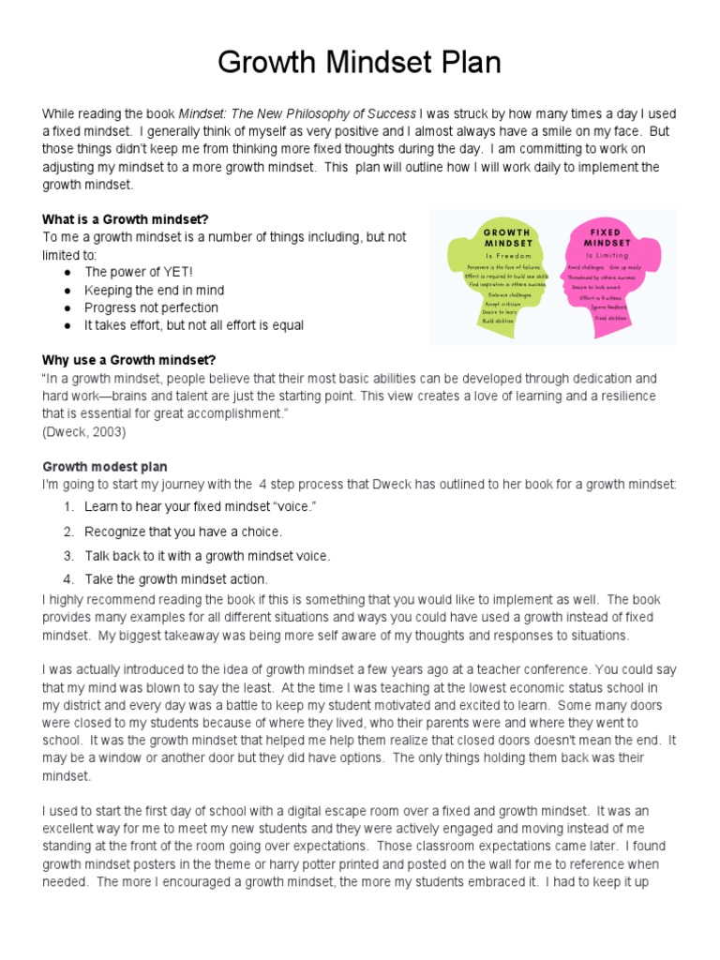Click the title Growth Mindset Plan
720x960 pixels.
point(360,63)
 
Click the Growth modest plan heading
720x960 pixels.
point(105,467)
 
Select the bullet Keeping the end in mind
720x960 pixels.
point(154,290)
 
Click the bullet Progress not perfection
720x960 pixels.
point(151,307)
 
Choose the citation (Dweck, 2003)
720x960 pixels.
point(83,431)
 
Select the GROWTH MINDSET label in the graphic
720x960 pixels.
point(506,236)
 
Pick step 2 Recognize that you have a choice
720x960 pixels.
point(183,532)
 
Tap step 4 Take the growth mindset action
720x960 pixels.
point(176,578)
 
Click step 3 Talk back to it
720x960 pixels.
point(207,555)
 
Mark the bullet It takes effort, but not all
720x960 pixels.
point(194,325)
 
